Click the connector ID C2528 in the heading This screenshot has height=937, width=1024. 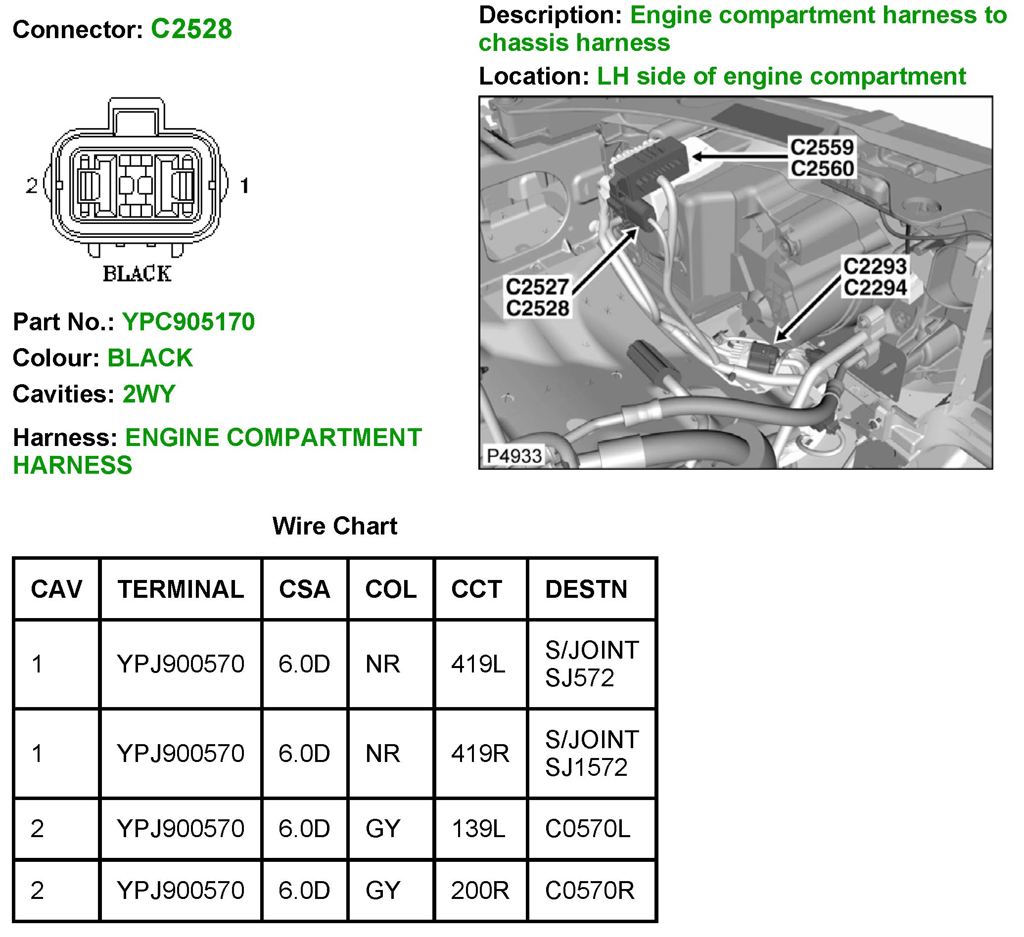pyautogui.click(x=191, y=29)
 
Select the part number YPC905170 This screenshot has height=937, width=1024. pyautogui.click(x=188, y=322)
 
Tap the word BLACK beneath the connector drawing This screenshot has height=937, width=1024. pyautogui.click(x=137, y=273)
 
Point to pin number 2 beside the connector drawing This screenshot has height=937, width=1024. pyautogui.click(x=32, y=186)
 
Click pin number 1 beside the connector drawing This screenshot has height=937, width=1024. pyautogui.click(x=244, y=186)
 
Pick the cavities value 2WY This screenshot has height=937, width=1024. pyautogui.click(x=149, y=394)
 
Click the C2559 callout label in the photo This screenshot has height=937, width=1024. pyautogui.click(x=822, y=147)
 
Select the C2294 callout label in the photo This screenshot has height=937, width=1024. pyautogui.click(x=875, y=288)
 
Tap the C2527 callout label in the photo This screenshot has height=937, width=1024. pyautogui.click(x=537, y=287)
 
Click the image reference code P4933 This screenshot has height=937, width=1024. pyautogui.click(x=514, y=456)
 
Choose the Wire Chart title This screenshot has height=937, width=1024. pyautogui.click(x=335, y=526)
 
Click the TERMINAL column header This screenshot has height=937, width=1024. pyautogui.click(x=181, y=589)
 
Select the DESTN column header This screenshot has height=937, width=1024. pyautogui.click(x=586, y=589)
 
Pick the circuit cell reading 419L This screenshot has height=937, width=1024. pyautogui.click(x=478, y=664)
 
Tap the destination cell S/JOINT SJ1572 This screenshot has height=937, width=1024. pyautogui.click(x=591, y=753)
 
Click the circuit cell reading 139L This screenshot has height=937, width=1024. pyautogui.click(x=478, y=829)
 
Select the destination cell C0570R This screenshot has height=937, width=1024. pyautogui.click(x=590, y=890)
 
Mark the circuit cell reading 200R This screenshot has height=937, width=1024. pyautogui.click(x=480, y=890)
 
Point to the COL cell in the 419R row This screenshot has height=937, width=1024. pyautogui.click(x=382, y=753)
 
